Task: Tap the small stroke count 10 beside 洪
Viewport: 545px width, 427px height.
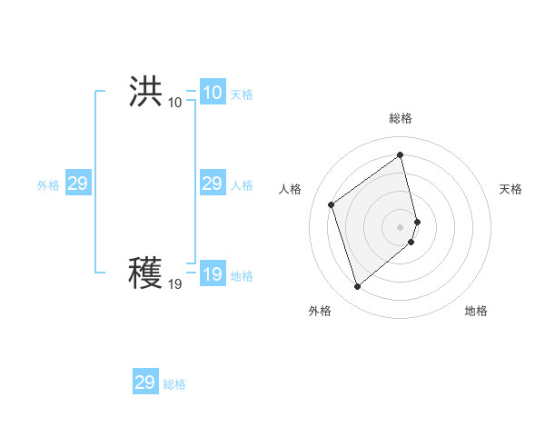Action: pos(174,102)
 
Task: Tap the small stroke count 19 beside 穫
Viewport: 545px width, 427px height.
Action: pos(174,284)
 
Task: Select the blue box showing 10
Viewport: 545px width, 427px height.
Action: pos(212,93)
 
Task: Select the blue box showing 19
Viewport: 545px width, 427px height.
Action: pos(212,275)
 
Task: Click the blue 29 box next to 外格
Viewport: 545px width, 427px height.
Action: pos(77,184)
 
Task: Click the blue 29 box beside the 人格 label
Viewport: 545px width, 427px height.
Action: pos(212,184)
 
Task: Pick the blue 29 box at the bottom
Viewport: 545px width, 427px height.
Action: pos(144,382)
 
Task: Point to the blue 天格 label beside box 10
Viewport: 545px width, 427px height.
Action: pos(242,94)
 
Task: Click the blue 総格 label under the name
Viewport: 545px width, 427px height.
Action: pos(174,384)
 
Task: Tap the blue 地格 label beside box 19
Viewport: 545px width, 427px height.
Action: pos(242,277)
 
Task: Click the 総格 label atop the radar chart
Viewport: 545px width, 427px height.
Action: pos(401,118)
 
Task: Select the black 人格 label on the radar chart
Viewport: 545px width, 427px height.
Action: pos(291,189)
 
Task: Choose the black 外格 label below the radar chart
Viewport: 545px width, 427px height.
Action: pos(319,312)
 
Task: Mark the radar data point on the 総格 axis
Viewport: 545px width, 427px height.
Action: pos(401,155)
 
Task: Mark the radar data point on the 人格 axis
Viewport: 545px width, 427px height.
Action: pos(332,204)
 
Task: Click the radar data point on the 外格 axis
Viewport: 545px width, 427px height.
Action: pos(358,287)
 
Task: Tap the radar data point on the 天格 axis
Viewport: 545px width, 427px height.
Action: pos(417,221)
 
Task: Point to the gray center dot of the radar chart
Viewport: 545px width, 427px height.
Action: pos(401,226)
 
